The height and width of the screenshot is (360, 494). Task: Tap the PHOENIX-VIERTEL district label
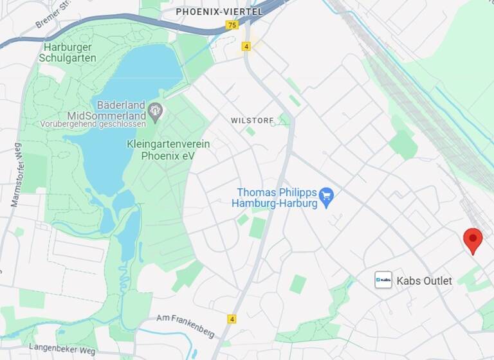(219, 12)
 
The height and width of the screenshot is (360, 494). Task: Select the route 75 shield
(232, 25)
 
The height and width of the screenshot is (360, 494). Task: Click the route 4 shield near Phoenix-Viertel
(246, 46)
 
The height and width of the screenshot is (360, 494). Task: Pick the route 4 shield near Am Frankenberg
(232, 319)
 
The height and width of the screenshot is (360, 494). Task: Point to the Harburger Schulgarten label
(69, 52)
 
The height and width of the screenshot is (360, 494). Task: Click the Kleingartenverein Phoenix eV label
(168, 149)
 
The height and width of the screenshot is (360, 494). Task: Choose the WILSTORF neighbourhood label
(252, 120)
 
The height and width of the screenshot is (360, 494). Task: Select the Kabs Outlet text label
(424, 281)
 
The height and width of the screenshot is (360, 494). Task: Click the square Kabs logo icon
(383, 280)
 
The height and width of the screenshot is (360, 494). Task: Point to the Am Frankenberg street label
(186, 327)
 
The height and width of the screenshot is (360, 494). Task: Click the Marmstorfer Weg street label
(16, 174)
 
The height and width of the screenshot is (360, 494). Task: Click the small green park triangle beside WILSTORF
(283, 120)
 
